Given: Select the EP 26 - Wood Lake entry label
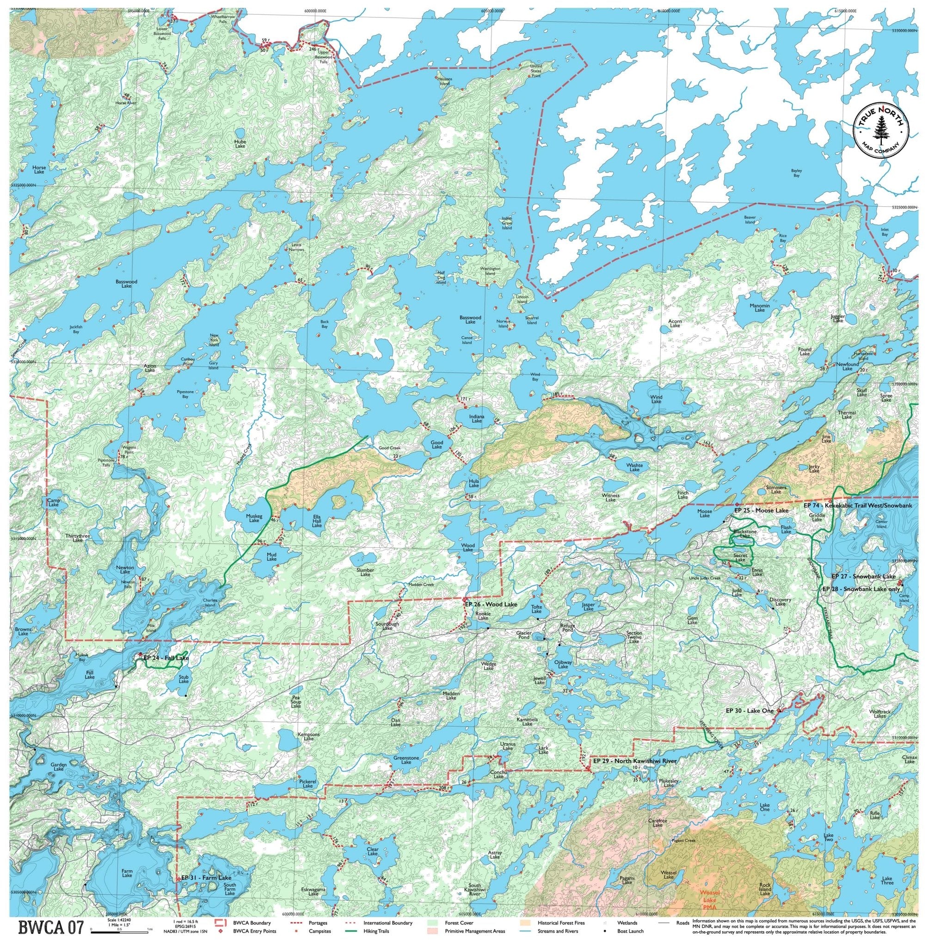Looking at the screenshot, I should pos(490,604).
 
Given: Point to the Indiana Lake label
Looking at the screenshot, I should pos(477,418).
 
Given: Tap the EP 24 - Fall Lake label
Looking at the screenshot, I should pos(166,658).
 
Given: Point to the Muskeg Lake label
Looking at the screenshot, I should pos(254,518).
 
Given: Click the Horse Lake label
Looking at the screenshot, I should pos(39,170).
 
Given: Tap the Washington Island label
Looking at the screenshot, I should pos(490,271).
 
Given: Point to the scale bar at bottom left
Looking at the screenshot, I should pos(119,930).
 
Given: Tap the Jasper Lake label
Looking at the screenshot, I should pos(588,607).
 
